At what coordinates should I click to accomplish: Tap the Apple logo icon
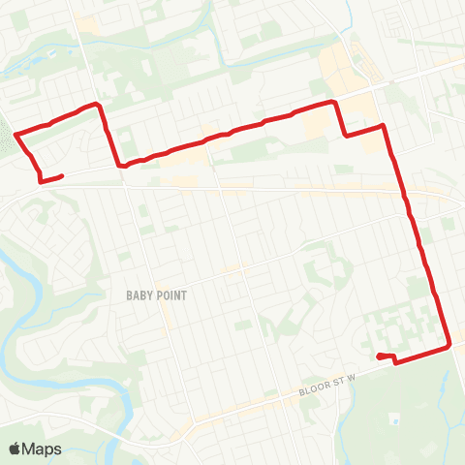[x=15, y=449]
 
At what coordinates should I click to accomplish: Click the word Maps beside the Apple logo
[x=43, y=449]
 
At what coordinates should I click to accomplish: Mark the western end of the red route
[x=62, y=175]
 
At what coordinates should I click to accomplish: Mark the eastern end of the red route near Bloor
[x=378, y=356]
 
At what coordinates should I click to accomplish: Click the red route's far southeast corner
[x=450, y=345]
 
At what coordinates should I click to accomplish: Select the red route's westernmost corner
[x=15, y=133]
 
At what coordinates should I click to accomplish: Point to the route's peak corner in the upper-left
[x=97, y=103]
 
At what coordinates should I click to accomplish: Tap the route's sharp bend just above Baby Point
[x=122, y=165]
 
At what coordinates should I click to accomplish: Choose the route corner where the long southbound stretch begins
[x=385, y=125]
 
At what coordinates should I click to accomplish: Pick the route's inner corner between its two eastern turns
[x=346, y=136]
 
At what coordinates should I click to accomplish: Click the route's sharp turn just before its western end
[x=40, y=179]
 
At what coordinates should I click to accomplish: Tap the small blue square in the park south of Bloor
[x=395, y=421]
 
